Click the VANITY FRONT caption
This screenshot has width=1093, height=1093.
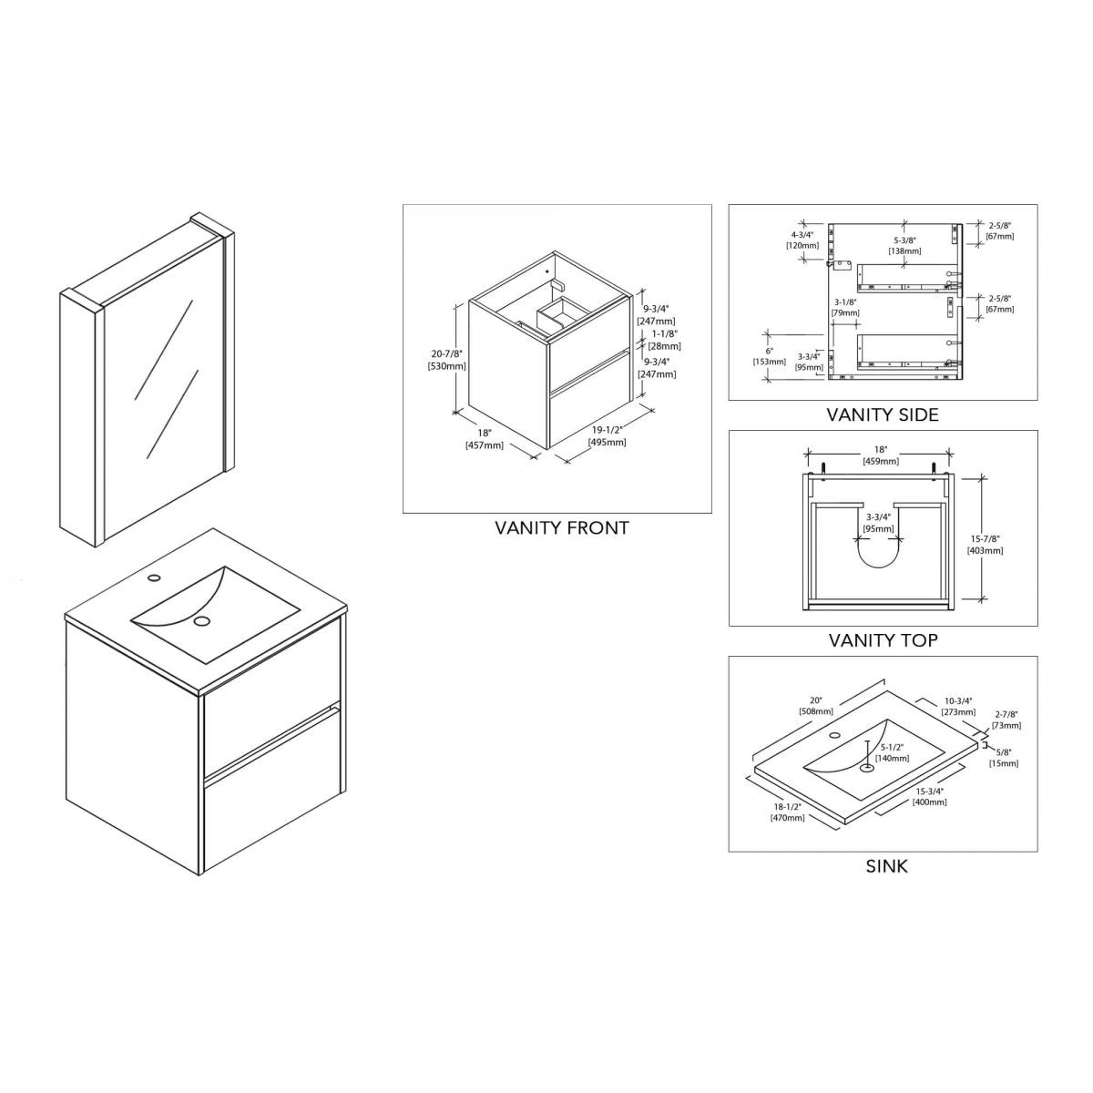[x=561, y=527]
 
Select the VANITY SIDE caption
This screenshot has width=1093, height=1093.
[x=882, y=414]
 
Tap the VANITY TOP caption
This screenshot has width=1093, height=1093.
[x=883, y=640]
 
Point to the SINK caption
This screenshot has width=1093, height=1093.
[x=886, y=866]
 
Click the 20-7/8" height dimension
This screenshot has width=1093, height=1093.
[x=446, y=359]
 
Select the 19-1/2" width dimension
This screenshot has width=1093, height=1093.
[x=607, y=436]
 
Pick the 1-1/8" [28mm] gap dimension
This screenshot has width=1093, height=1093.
[x=664, y=341]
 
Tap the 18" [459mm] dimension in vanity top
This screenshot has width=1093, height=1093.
[x=880, y=455]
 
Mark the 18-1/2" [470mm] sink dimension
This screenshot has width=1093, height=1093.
[x=788, y=812]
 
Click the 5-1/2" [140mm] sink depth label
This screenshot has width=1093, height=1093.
[x=892, y=752]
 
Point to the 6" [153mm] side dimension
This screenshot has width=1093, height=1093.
[x=770, y=355]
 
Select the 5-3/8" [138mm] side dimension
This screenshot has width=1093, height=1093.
[x=904, y=246]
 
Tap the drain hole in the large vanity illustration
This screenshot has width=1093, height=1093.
[x=202, y=621]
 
